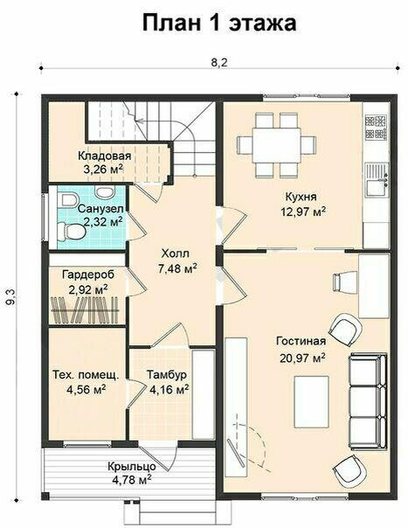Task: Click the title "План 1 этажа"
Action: (x=219, y=23)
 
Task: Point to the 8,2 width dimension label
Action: (x=219, y=62)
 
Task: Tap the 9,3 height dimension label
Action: (x=10, y=297)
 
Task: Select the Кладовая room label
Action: (x=104, y=156)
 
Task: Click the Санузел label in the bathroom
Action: (x=100, y=209)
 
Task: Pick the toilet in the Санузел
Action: (x=71, y=232)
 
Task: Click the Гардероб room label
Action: (x=88, y=274)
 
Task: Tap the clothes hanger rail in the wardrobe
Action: (x=85, y=309)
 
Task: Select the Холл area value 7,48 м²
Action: (x=177, y=268)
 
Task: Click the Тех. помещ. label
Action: (x=86, y=375)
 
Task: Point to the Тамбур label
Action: (x=167, y=375)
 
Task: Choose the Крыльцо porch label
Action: (x=132, y=467)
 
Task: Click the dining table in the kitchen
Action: (x=277, y=145)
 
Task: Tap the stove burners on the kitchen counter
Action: (x=376, y=128)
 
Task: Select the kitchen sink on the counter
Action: (x=376, y=180)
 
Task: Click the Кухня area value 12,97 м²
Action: (x=303, y=212)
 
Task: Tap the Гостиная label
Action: (x=301, y=341)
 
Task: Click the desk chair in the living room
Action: (x=341, y=281)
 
